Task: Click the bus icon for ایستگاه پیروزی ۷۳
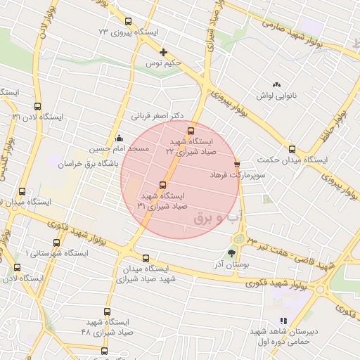pyautogui.click(x=127, y=21)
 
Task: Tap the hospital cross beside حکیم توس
pyautogui.click(x=164, y=52)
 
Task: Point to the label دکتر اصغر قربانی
pyautogui.click(x=157, y=115)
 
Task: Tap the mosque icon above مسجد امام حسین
pyautogui.click(x=119, y=138)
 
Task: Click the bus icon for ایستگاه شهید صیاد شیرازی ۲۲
pyautogui.click(x=191, y=131)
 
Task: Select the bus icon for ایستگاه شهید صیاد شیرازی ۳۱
pyautogui.click(x=163, y=185)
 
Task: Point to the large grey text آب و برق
pyautogui.click(x=212, y=219)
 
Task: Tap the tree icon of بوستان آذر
pyautogui.click(x=232, y=253)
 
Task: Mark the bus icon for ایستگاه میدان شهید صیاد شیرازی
pyautogui.click(x=146, y=258)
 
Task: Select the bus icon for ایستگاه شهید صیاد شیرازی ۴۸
pyautogui.click(x=107, y=311)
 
